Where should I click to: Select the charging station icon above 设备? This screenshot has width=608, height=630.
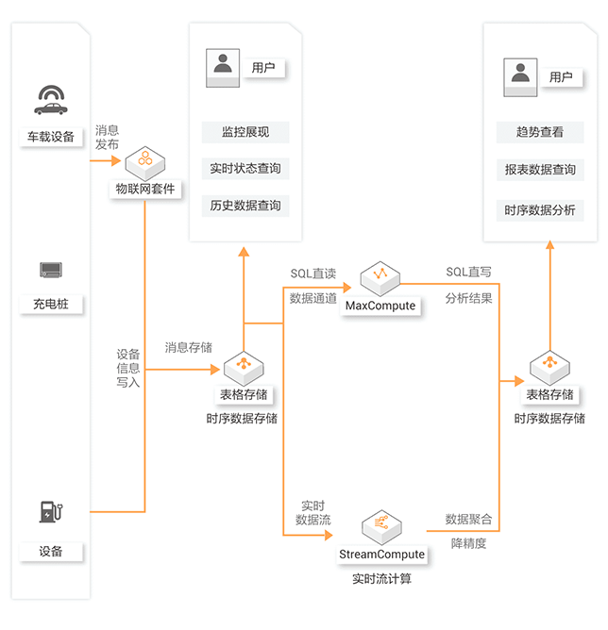(x=50, y=511)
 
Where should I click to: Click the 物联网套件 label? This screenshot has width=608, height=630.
(x=145, y=189)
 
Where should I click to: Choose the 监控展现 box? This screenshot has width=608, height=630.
(x=245, y=132)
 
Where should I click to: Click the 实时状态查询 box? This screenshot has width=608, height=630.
(x=245, y=169)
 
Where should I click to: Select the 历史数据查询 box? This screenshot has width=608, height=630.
(x=245, y=206)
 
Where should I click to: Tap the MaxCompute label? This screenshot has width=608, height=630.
(x=380, y=306)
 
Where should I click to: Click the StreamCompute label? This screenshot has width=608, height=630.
(x=382, y=555)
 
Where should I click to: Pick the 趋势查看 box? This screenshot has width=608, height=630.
(x=540, y=132)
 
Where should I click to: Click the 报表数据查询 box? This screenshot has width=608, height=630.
(x=540, y=170)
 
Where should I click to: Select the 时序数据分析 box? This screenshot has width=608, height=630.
(x=540, y=209)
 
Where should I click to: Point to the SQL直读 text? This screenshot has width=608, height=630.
(x=312, y=274)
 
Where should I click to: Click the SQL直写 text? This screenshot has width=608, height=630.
(x=468, y=273)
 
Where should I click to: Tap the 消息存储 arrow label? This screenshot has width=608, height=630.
(x=188, y=348)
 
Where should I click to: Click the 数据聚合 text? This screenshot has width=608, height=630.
(x=468, y=520)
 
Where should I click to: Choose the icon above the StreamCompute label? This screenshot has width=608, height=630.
(x=382, y=524)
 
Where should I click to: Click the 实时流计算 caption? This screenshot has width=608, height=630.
(x=381, y=578)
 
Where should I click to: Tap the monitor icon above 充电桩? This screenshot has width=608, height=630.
(x=50, y=271)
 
